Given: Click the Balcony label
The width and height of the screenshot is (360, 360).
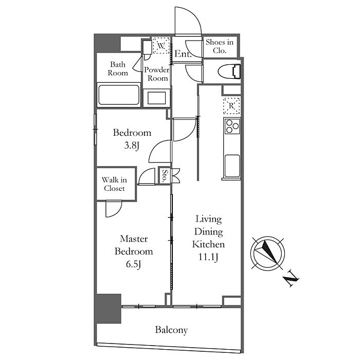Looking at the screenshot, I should click(172, 330).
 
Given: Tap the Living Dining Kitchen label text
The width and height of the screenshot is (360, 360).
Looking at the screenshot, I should click(208, 238).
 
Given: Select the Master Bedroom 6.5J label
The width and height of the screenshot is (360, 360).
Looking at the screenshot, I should click(134, 251).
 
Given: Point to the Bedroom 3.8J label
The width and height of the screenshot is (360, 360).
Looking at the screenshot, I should click(132, 138).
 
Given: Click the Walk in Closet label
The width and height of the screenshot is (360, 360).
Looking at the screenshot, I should click(114, 184).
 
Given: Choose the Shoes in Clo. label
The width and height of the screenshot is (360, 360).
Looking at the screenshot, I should click(220, 47).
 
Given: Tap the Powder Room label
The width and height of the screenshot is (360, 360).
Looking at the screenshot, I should click(157, 74).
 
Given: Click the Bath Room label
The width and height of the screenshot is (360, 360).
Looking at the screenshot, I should click(118, 69).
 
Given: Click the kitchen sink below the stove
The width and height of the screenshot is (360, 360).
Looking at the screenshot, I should click(232, 165).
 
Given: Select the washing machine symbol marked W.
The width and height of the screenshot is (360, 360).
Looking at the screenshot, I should click(161, 46).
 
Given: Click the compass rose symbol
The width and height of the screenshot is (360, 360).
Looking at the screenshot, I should click(267, 252).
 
